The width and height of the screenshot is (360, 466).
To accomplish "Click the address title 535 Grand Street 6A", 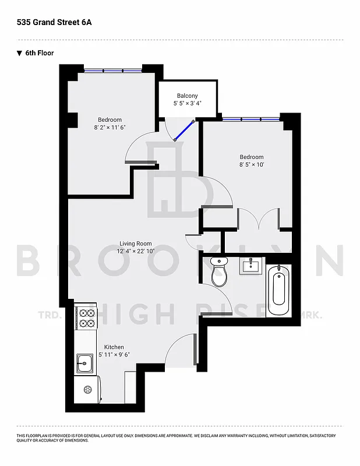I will (x=54, y=23).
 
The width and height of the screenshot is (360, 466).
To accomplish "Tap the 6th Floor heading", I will (x=40, y=53).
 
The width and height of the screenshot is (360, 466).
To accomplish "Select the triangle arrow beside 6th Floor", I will (x=19, y=53).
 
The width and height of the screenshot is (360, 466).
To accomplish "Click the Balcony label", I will (x=187, y=96).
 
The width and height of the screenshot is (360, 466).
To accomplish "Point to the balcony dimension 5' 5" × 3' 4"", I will (x=187, y=103).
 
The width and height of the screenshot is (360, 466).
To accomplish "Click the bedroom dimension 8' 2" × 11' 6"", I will (x=110, y=127).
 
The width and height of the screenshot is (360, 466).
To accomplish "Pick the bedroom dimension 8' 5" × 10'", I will (x=252, y=165).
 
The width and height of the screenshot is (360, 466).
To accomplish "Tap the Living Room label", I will (x=136, y=243).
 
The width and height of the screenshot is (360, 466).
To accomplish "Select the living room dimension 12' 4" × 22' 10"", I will (x=136, y=251).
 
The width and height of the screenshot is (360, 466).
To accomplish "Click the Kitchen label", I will (x=114, y=347).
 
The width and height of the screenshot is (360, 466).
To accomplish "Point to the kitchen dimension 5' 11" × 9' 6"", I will (x=114, y=354).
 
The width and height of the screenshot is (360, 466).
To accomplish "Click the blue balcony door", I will (x=184, y=130).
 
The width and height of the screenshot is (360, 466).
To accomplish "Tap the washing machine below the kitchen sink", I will (x=87, y=389).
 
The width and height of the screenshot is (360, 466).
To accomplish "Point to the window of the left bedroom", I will (x=113, y=70).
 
